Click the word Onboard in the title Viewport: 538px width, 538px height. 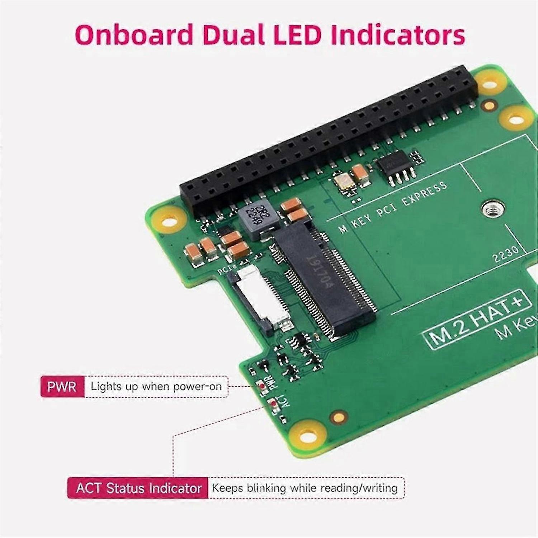[134, 34]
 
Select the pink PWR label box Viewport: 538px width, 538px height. [62, 386]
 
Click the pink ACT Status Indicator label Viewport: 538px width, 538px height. [138, 488]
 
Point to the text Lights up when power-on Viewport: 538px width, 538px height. [156, 386]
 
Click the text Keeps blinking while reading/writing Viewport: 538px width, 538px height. [305, 488]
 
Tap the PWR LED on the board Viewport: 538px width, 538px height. [262, 386]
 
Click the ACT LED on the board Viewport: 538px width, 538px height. [274, 403]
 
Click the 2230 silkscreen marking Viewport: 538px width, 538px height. [505, 254]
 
